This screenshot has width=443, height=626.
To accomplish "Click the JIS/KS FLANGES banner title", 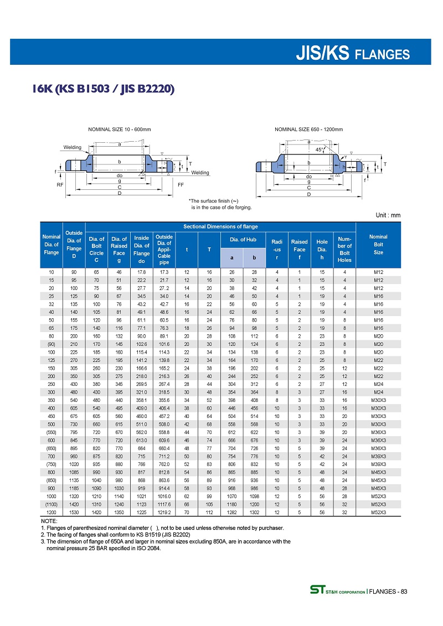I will (x=353, y=54).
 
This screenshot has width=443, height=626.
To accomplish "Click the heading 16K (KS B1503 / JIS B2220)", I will (x=104, y=89).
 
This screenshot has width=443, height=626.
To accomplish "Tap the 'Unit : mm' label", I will (x=387, y=215).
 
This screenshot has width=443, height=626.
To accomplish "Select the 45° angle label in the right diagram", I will (x=320, y=149).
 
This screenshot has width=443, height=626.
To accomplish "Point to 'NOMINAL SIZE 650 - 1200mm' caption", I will (x=309, y=130).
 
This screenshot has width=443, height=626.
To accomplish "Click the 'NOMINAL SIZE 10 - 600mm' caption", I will (x=120, y=130).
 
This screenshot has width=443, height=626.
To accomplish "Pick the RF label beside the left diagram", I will (x=60, y=185).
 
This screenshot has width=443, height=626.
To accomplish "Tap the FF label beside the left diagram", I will (x=181, y=185).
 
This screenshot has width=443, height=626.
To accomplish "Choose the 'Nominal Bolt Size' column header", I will (x=379, y=244).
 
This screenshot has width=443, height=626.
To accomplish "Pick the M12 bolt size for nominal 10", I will (x=379, y=272).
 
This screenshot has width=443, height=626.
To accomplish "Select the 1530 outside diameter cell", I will (x=74, y=513).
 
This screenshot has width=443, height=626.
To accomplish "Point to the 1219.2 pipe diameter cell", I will (x=164, y=513).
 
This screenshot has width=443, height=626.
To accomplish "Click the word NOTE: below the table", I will (x=49, y=521).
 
